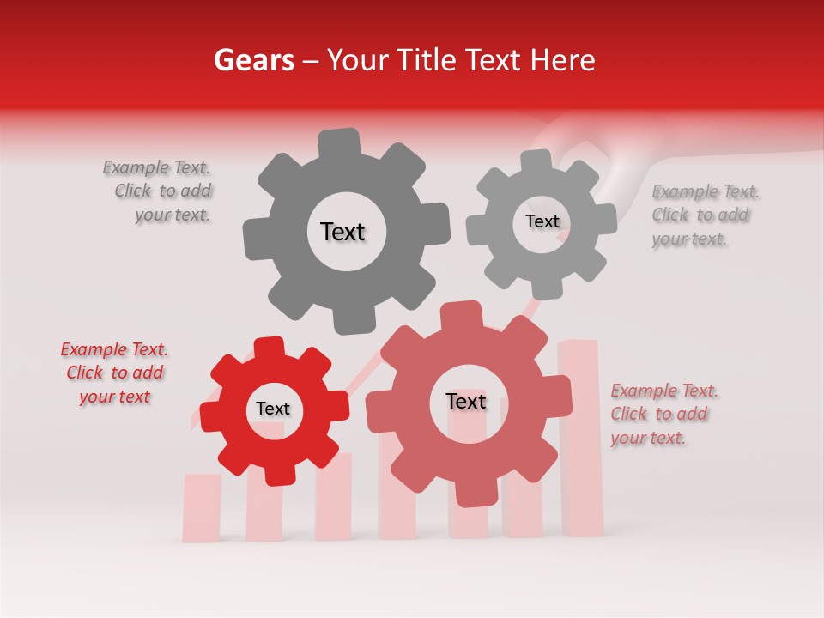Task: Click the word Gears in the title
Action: point(253,60)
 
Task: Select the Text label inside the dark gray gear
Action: point(342,232)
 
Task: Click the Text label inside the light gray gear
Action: point(542,221)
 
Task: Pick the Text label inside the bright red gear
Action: point(273,409)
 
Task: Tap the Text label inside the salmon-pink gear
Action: point(466,401)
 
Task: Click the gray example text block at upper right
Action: point(705,215)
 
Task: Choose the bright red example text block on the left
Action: point(114,373)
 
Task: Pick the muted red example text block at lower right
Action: point(663,414)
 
